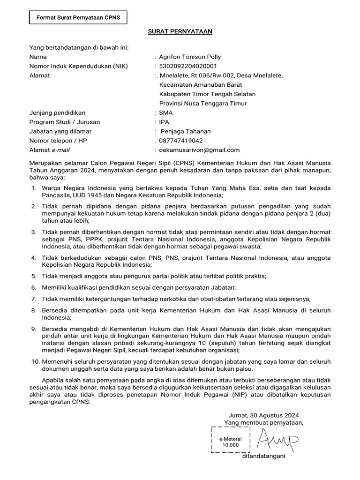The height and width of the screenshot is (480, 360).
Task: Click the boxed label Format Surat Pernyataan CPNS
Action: coord(75,18)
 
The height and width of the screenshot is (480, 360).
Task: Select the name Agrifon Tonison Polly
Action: coord(190,57)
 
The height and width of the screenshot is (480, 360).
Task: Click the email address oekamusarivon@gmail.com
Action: coord(199,150)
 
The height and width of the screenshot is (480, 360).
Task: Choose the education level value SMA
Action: coord(166,112)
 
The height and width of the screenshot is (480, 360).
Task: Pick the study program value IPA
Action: coord(164,122)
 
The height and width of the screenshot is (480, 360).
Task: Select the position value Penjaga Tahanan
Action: coord(186,131)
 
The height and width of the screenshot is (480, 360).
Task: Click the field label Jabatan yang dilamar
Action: coord(60,131)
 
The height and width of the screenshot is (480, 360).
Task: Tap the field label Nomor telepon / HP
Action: coord(58,141)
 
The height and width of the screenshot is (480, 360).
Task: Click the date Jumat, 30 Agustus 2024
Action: coord(263,415)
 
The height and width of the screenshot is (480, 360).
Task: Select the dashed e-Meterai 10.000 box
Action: coord(230,440)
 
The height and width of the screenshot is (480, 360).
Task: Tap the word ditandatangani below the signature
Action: coord(263,456)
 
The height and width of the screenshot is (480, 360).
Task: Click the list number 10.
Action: coord(35,361)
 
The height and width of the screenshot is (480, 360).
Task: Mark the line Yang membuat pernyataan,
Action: coord(263,423)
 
